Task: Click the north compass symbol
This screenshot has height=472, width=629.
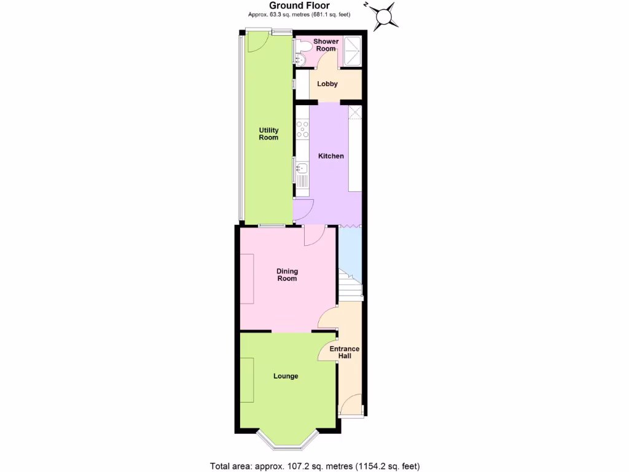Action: click(385, 15)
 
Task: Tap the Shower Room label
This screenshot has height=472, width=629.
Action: click(326, 45)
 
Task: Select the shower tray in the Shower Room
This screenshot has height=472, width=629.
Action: click(352, 52)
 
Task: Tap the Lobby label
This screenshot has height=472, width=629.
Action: click(327, 84)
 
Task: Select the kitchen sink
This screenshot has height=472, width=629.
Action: click(302, 167)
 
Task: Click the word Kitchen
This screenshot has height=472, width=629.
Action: click(330, 156)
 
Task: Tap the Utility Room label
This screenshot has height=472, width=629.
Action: click(268, 134)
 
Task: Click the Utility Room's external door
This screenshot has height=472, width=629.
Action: click(255, 42)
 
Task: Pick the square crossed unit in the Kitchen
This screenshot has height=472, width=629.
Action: click(355, 112)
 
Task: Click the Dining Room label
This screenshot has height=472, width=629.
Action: click(287, 275)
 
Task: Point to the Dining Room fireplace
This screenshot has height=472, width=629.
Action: click(246, 278)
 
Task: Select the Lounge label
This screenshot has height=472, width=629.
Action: click(286, 376)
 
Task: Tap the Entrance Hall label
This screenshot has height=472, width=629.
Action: click(344, 352)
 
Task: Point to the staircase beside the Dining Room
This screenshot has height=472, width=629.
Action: click(350, 286)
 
